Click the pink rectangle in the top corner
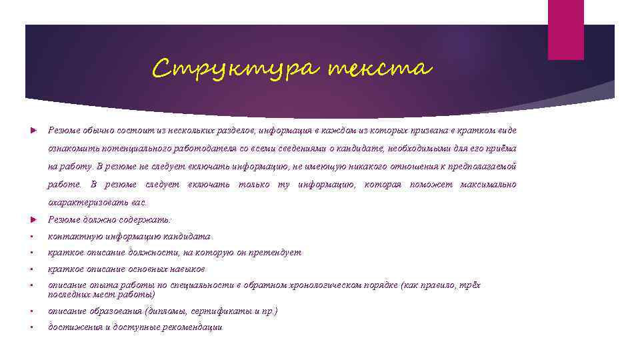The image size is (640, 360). tap(565, 29)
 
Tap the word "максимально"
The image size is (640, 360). tap(488, 184)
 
